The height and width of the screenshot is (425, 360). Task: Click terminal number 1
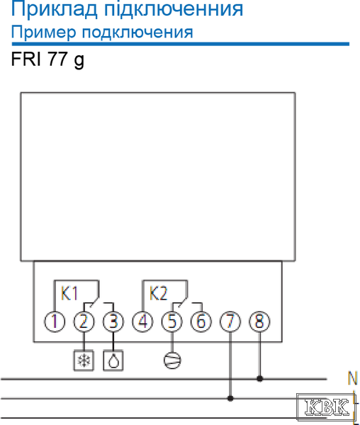point(55,322)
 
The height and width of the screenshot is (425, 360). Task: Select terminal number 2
point(84,322)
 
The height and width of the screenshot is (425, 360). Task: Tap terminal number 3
point(113,322)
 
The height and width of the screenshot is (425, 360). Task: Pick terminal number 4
point(142,322)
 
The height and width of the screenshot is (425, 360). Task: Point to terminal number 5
point(172,322)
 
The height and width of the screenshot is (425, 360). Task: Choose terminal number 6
point(201,322)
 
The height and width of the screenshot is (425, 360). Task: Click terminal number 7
point(230,322)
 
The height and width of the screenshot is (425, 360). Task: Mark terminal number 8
point(259,322)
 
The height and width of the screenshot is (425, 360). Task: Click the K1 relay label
point(69,293)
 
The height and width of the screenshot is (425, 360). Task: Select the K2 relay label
point(158,293)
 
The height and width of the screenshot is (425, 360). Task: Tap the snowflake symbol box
point(84,361)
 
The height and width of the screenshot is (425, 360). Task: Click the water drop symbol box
point(113,361)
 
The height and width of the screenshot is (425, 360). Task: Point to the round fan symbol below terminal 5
point(172,361)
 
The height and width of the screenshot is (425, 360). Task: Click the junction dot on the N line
point(259,379)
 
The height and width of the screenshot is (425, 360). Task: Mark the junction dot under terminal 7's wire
point(230,398)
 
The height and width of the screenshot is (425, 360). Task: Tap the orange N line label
point(352,378)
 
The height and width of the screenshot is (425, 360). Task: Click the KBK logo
point(326,407)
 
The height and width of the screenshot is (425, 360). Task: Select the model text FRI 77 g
point(47,59)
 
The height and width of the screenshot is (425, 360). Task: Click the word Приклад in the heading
point(55,10)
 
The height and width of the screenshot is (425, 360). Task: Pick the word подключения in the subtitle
point(137,33)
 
